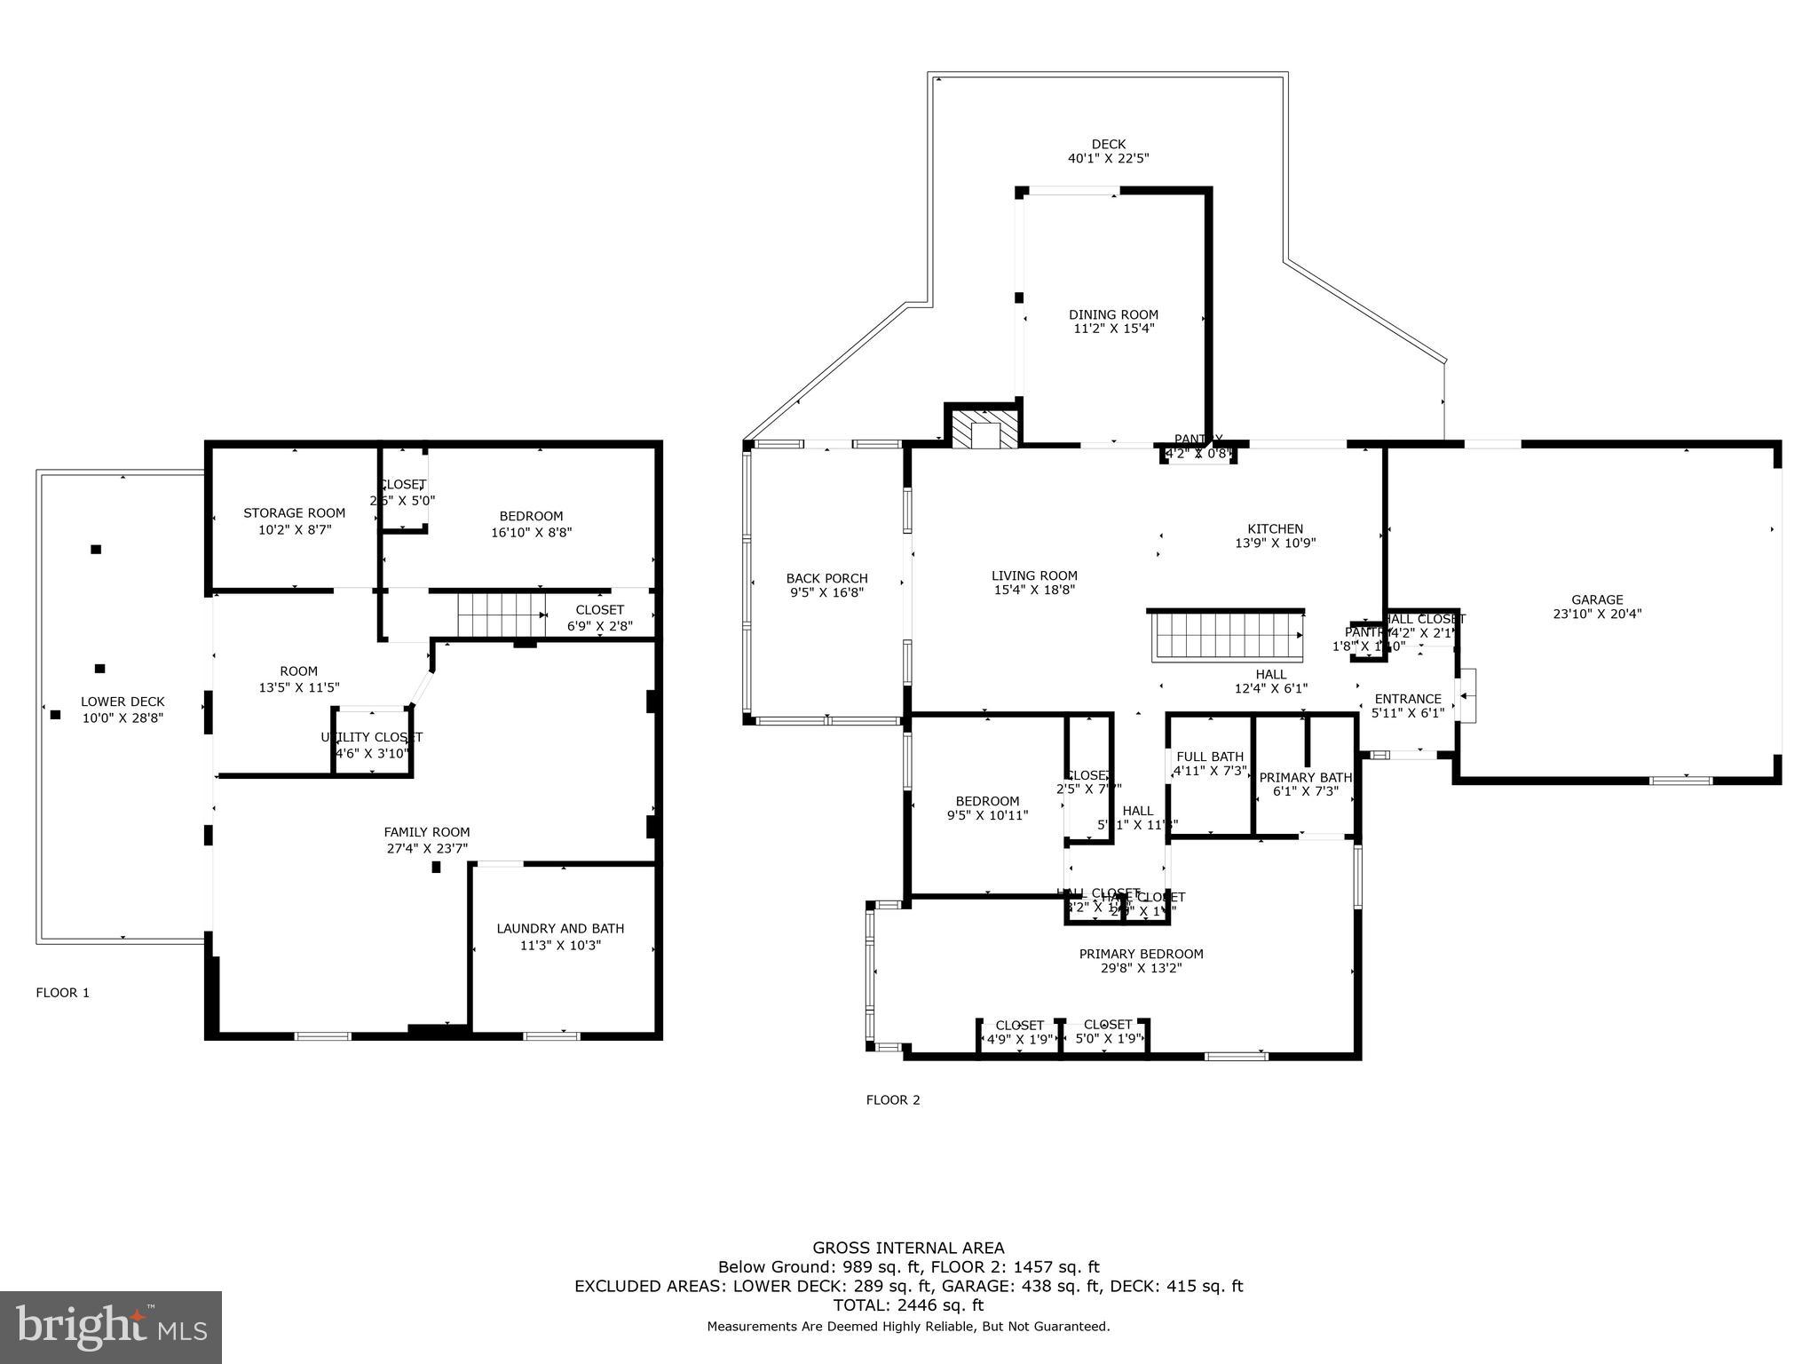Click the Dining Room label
point(1113,314)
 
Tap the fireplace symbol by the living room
point(984,427)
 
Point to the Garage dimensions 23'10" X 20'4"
point(1597,614)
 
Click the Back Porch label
point(826,578)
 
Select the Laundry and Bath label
point(560,929)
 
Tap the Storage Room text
point(294,513)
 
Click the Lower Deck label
point(123,702)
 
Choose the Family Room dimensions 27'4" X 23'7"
point(427,848)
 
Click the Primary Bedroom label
point(1141,954)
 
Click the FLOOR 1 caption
point(62,993)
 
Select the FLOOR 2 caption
point(893,1099)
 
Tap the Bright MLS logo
point(111,1327)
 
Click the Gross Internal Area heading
point(908,1248)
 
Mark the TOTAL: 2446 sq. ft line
point(908,1305)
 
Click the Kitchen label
point(1275,528)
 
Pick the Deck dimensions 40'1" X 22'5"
point(1108,159)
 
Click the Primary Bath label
point(1305,778)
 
